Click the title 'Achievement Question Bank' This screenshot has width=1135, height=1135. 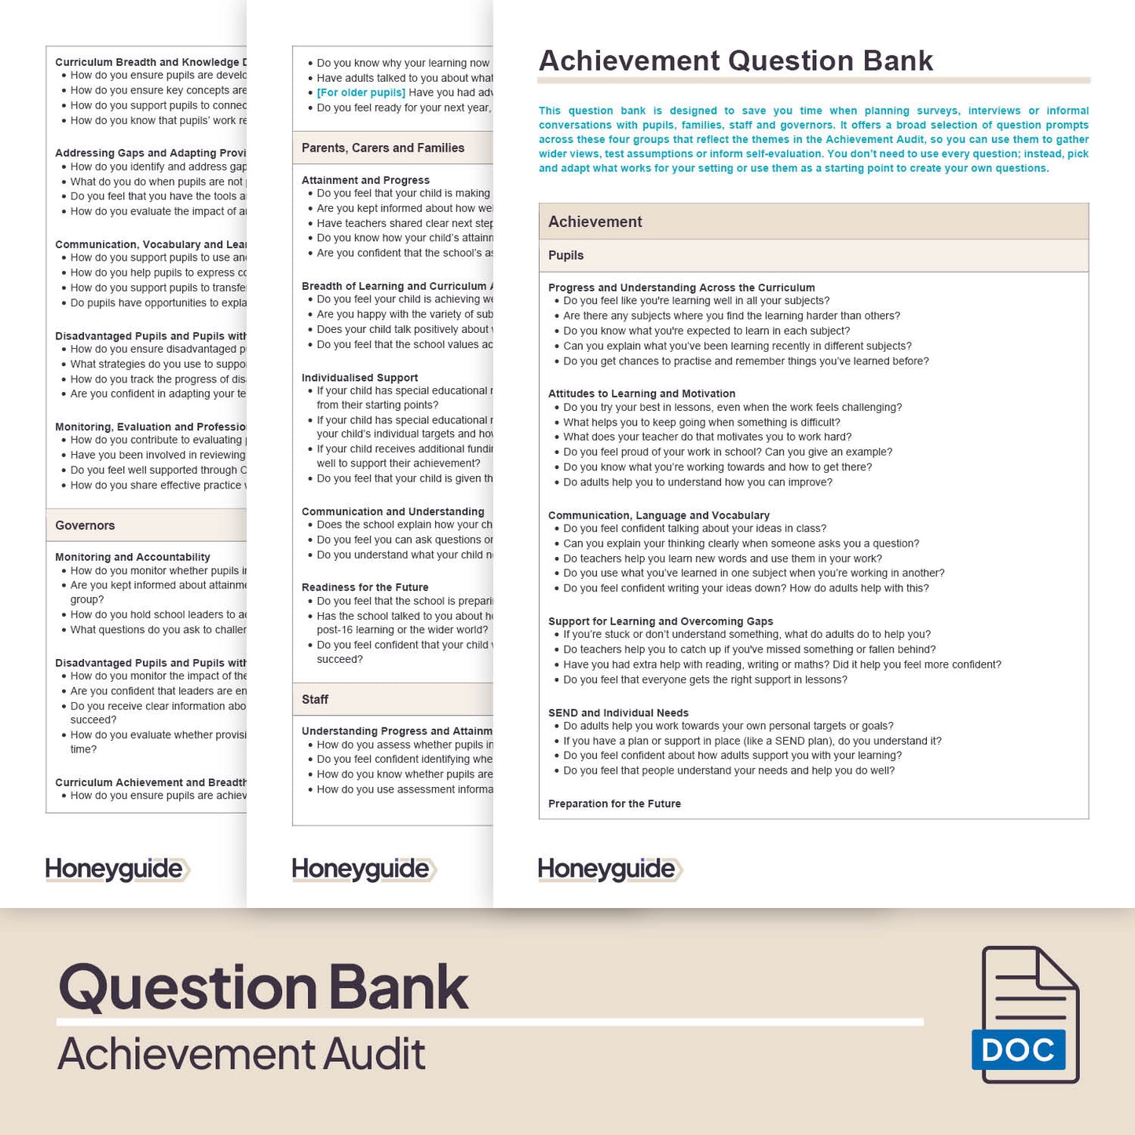tap(735, 61)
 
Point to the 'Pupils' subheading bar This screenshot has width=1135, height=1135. tap(566, 255)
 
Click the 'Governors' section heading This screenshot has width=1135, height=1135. tap(85, 525)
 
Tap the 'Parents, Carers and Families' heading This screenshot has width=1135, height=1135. tap(383, 148)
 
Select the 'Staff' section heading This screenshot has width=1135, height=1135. tap(315, 699)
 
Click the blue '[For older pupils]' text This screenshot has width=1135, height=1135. tap(361, 93)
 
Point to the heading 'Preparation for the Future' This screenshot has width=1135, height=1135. tap(614, 804)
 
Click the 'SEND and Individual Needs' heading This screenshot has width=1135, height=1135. tap(618, 713)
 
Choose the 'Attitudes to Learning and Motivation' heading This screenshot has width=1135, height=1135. tap(642, 394)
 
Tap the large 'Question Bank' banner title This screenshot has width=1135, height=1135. tap(264, 987)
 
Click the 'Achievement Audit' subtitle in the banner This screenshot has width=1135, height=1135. tap(241, 1053)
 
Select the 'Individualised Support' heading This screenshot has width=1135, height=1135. tap(360, 378)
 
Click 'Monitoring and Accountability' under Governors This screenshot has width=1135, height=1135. tap(133, 557)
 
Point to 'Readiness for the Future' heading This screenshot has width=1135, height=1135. tap(365, 588)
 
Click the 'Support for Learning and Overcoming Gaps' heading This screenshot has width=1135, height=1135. tap(661, 621)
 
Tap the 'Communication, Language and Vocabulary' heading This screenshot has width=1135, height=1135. tap(658, 515)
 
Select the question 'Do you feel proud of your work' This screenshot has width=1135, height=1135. tap(727, 452)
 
